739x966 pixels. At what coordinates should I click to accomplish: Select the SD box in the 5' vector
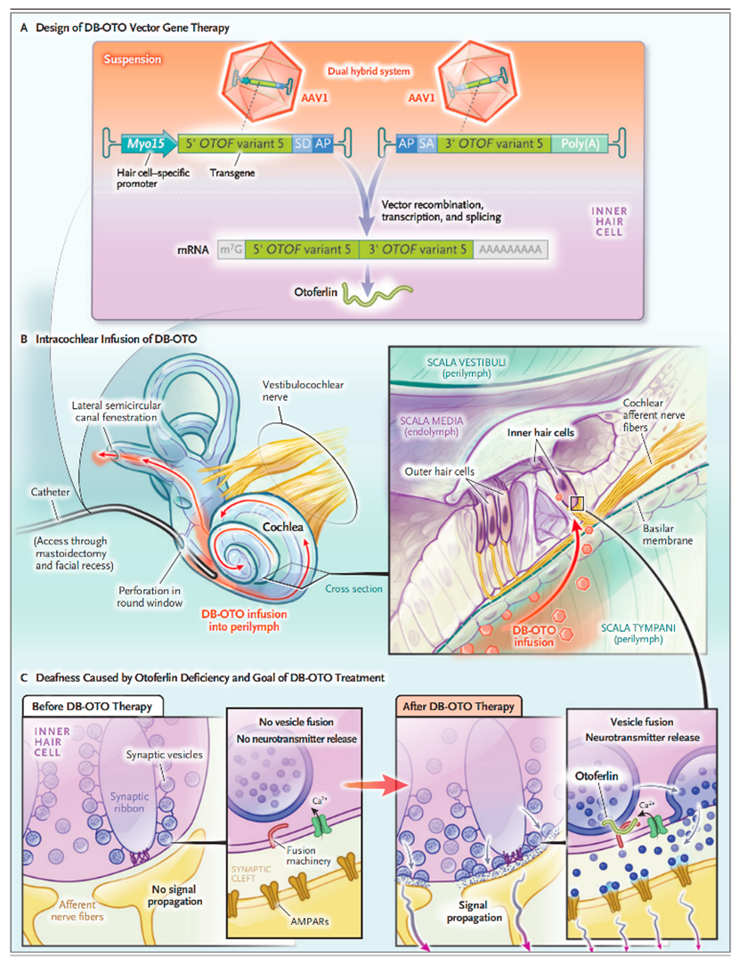point(302,144)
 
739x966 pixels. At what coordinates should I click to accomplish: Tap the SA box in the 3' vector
point(426,144)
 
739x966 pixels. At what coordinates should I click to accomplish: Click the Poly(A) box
point(580,144)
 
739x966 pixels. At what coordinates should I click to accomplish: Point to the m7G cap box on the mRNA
point(231,250)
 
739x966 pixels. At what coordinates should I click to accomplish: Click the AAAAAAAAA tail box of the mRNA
point(510,250)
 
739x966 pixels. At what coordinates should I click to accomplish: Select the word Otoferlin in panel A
point(316,292)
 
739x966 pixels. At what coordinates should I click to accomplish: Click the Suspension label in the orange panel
point(133,59)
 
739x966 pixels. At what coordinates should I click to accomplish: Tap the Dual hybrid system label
point(369,71)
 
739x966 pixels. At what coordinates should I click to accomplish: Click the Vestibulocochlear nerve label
point(303,390)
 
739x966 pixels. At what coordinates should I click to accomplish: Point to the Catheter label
point(51,492)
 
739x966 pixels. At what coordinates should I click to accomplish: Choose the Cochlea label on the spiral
point(282,527)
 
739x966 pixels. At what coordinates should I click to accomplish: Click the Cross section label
point(353,589)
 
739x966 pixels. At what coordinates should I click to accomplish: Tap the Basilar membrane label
point(668,534)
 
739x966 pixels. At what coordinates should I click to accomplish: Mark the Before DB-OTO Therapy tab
point(93,706)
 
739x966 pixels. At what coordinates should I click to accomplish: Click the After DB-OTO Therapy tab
point(459,706)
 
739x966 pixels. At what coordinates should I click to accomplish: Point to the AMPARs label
point(310,921)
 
